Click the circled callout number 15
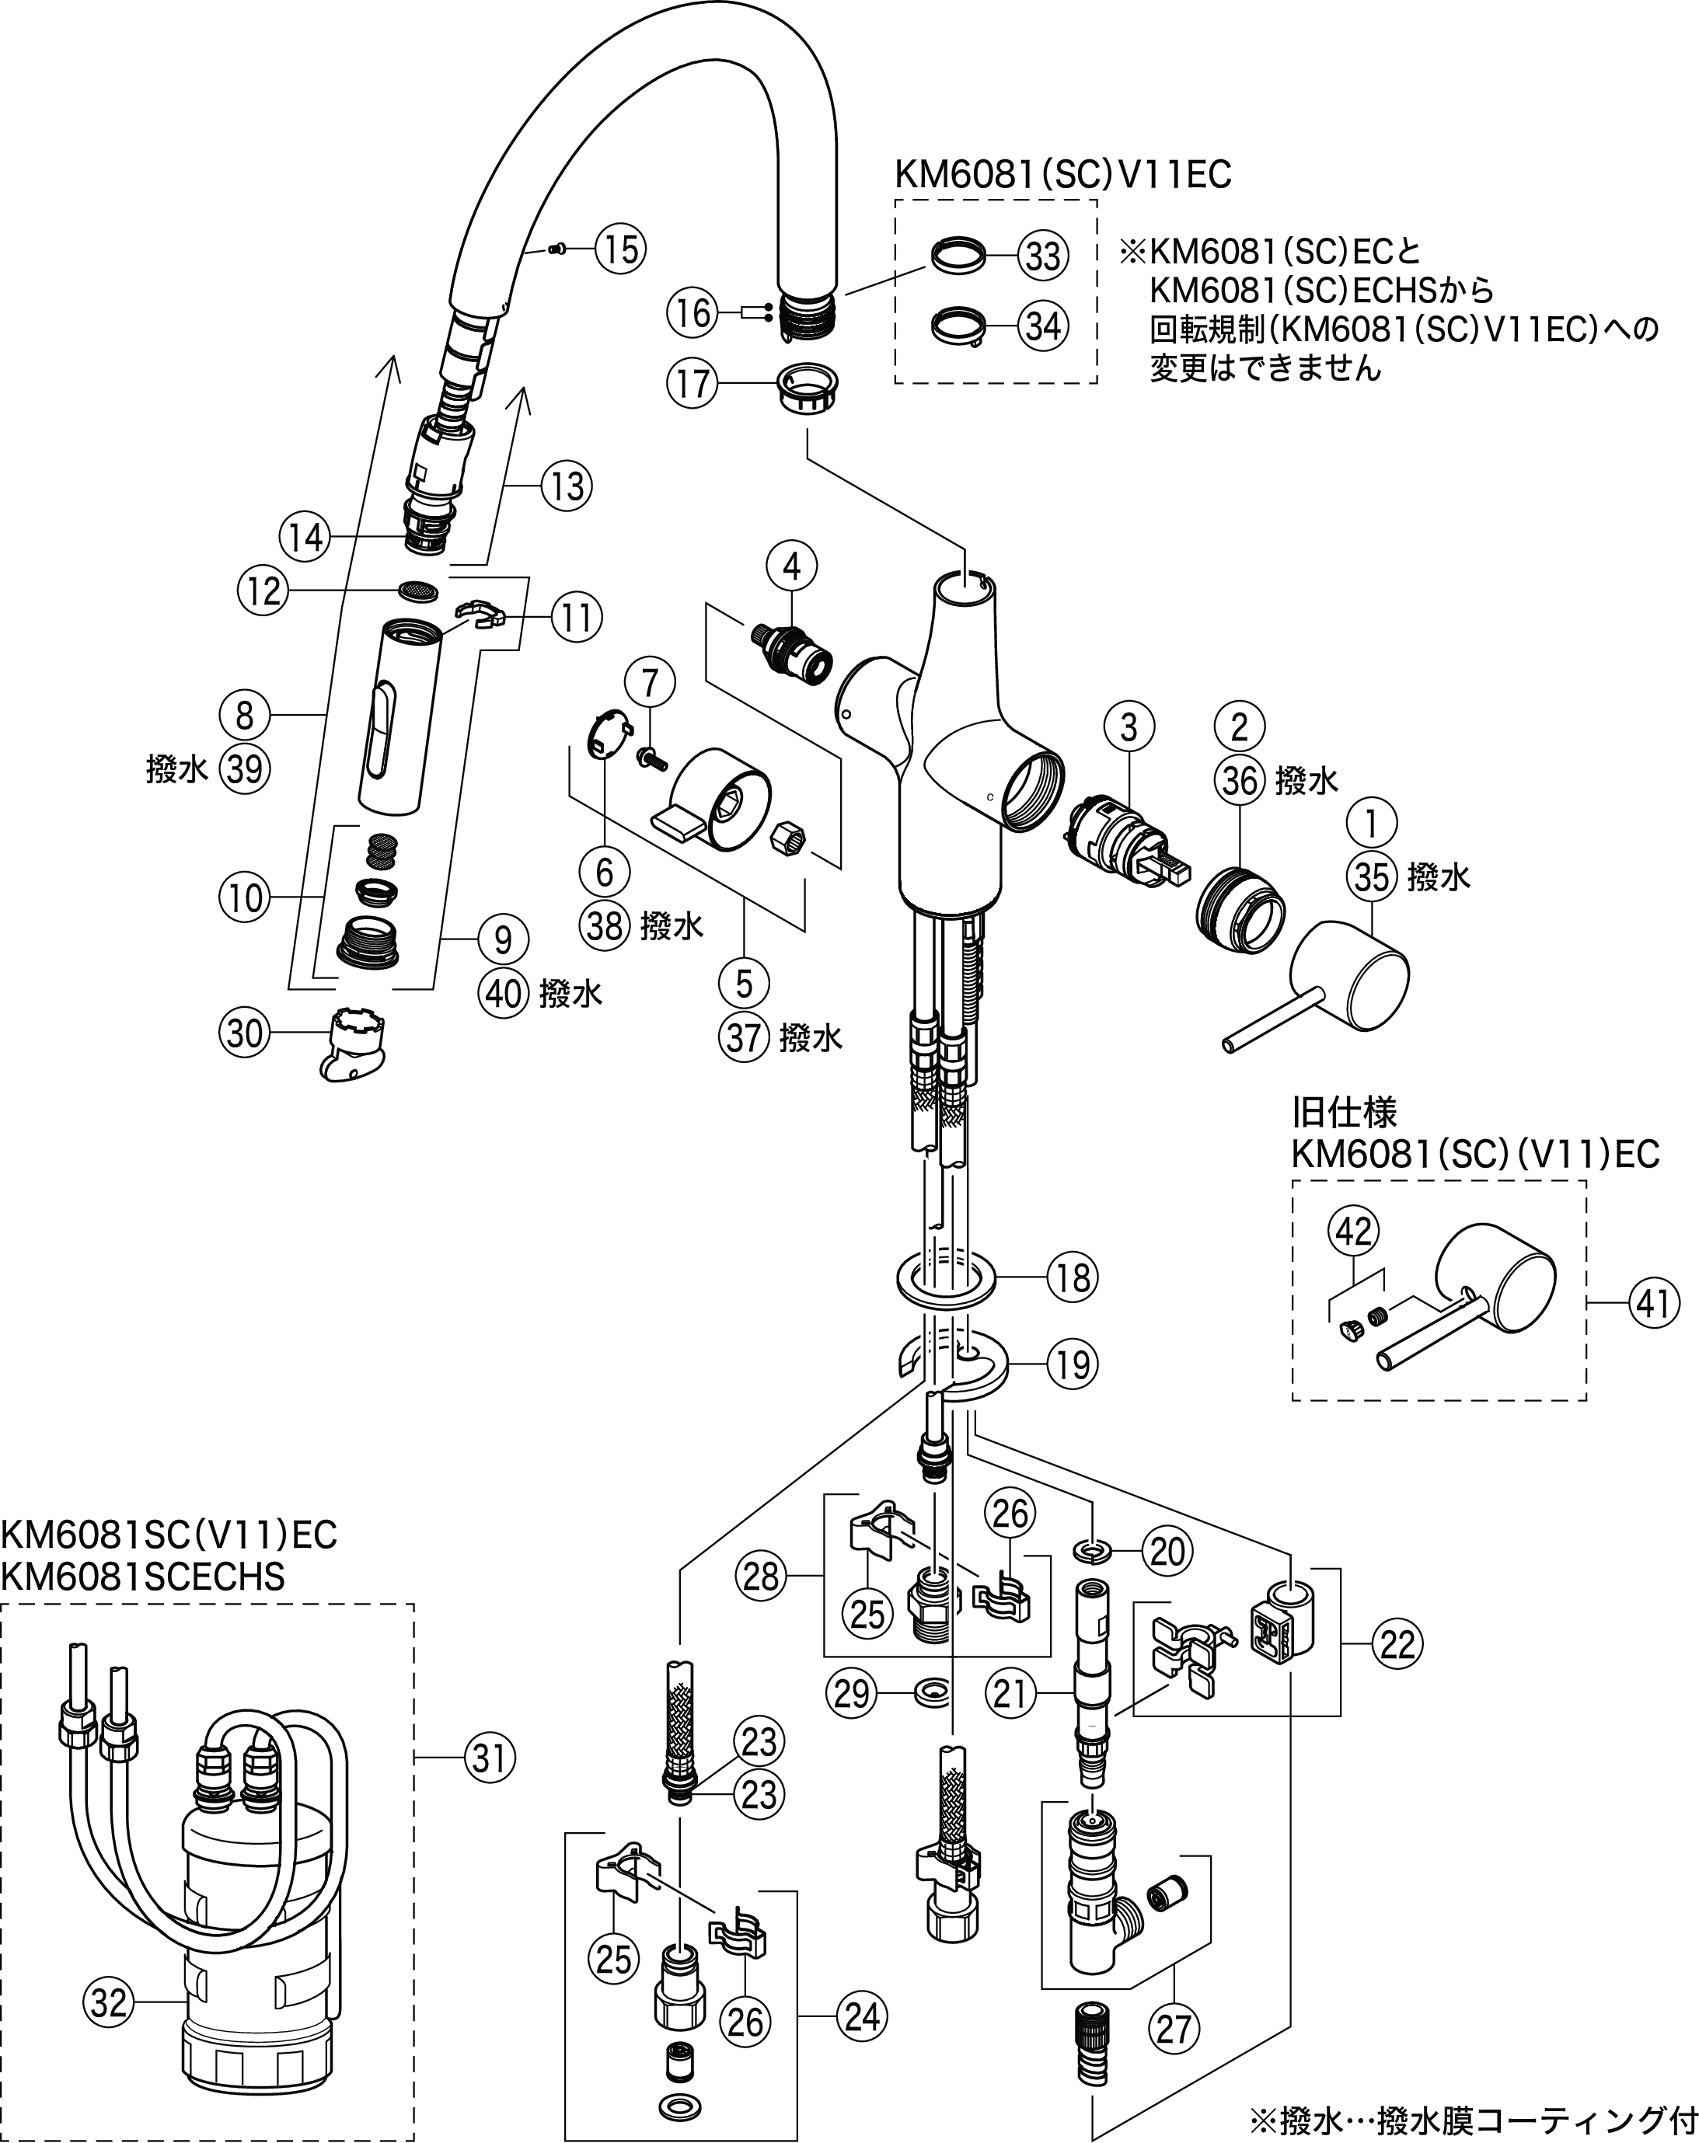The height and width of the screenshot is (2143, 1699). [x=620, y=249]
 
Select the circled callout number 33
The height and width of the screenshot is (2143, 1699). [x=1043, y=256]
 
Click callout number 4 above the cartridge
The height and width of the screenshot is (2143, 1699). [x=791, y=566]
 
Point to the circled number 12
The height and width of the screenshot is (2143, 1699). [x=263, y=592]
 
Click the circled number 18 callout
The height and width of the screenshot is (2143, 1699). [x=1073, y=1277]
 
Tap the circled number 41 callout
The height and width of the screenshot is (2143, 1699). [x=1653, y=1302]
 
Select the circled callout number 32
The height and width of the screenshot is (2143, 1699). [x=110, y=2001]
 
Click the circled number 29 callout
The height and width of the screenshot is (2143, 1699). [x=851, y=1693]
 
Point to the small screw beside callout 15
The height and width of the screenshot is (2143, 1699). [x=556, y=249]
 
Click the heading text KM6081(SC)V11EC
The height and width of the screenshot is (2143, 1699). [x=1062, y=175]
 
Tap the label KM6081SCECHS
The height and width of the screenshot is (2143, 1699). [x=143, y=1577]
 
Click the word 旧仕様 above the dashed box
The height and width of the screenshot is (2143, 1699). [x=1344, y=1110]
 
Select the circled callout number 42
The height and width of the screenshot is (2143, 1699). [x=1354, y=1231]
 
